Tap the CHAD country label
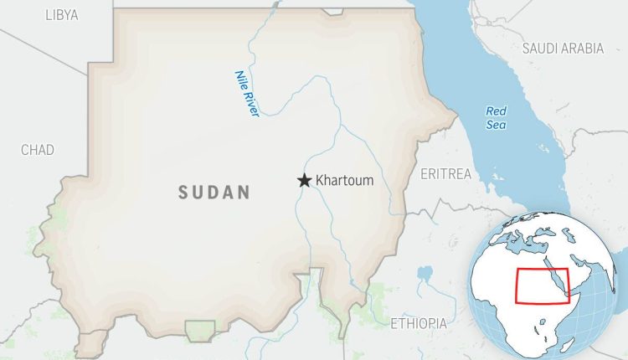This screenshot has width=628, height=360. tap(38, 150)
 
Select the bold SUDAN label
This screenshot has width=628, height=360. tap(214, 193)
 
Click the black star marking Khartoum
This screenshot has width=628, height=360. tap(304, 180)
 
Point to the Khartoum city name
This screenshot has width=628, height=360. tap(345, 180)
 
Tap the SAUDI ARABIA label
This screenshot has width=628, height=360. tap(563, 49)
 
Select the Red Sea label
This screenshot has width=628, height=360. tap(497, 117)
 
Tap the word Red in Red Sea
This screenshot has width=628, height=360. tap(497, 111)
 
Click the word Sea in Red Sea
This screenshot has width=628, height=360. tap(497, 124)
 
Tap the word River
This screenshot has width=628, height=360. tap(250, 103)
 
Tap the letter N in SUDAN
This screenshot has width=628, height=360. tap(245, 193)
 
